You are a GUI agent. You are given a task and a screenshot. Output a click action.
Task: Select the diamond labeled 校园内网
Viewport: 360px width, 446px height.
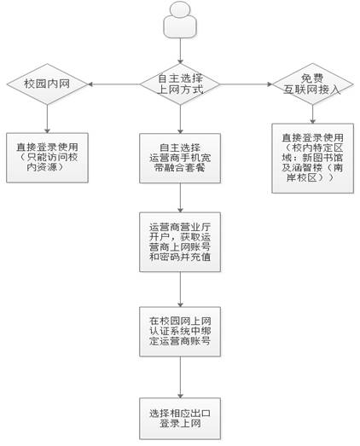(x=47, y=84)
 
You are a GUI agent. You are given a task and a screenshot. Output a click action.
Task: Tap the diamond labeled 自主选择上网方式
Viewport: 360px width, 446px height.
(x=180, y=84)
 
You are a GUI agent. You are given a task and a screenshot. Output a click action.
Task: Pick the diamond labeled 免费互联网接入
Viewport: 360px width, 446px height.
(x=312, y=84)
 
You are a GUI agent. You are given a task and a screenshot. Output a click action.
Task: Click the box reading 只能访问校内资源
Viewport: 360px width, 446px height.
(x=47, y=158)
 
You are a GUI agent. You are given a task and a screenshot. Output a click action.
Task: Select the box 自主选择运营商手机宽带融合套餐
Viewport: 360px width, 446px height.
(x=180, y=158)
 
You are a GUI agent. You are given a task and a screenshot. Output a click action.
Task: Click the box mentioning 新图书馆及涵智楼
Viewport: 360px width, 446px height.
(x=312, y=158)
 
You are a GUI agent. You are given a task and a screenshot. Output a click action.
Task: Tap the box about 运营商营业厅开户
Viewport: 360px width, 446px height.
(x=180, y=242)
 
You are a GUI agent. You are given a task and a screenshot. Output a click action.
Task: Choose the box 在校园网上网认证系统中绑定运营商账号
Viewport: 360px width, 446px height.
(x=180, y=332)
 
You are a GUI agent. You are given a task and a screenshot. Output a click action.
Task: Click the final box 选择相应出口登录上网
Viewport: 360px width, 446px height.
(x=180, y=419)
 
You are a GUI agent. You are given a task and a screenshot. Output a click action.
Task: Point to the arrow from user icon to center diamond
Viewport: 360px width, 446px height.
(x=180, y=51)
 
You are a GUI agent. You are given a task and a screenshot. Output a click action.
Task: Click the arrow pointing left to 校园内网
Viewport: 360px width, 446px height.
(x=113, y=84)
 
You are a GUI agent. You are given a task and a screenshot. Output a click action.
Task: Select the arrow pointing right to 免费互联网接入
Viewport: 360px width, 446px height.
(x=247, y=84)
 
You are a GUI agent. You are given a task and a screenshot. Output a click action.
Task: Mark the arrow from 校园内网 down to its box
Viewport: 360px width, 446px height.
(x=47, y=119)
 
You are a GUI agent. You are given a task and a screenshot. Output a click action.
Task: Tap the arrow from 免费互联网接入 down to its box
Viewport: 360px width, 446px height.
(x=312, y=114)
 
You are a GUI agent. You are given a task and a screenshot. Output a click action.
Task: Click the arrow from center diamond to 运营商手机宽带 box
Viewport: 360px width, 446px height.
(x=180, y=119)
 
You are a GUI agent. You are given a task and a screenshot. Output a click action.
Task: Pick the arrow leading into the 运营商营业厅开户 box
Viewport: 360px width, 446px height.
(x=180, y=198)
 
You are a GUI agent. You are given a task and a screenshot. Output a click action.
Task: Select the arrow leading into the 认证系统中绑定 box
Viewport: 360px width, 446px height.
(x=180, y=289)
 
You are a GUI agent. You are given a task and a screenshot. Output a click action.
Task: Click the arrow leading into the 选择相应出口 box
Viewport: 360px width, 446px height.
(x=180, y=377)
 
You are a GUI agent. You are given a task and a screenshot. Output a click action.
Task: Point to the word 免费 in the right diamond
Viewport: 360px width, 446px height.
(x=312, y=78)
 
